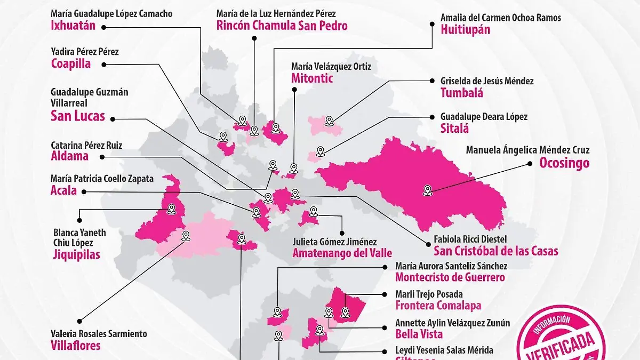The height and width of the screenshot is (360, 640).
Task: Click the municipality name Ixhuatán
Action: click(x=73, y=25)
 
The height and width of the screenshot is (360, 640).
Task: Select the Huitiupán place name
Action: click(x=465, y=29)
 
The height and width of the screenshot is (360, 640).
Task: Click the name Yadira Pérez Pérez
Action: click(x=84, y=52)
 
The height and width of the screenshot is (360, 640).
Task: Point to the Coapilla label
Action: click(x=70, y=64)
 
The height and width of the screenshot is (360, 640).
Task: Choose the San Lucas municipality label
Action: click(x=77, y=116)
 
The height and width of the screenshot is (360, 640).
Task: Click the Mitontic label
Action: click(x=312, y=78)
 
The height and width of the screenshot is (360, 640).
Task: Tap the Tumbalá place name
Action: click(x=462, y=93)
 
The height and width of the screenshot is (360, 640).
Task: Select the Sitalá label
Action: click(x=454, y=128)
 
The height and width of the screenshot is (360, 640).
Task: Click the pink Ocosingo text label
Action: click(x=564, y=163)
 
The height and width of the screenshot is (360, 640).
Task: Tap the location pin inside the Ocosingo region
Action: click(x=427, y=189)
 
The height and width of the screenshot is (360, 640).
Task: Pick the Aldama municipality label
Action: click(x=69, y=156)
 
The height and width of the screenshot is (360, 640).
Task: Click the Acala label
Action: click(x=63, y=190)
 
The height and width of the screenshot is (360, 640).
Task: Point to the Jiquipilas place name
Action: click(x=77, y=254)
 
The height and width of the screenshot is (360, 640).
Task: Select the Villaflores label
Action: click(x=75, y=345)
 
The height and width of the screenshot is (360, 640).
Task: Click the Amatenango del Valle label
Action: click(x=342, y=253)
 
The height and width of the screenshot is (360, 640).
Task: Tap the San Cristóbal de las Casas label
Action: click(x=495, y=251)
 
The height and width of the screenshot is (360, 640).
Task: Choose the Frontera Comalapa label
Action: click(x=438, y=306)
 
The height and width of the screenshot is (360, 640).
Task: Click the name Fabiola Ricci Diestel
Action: click(x=470, y=239)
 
